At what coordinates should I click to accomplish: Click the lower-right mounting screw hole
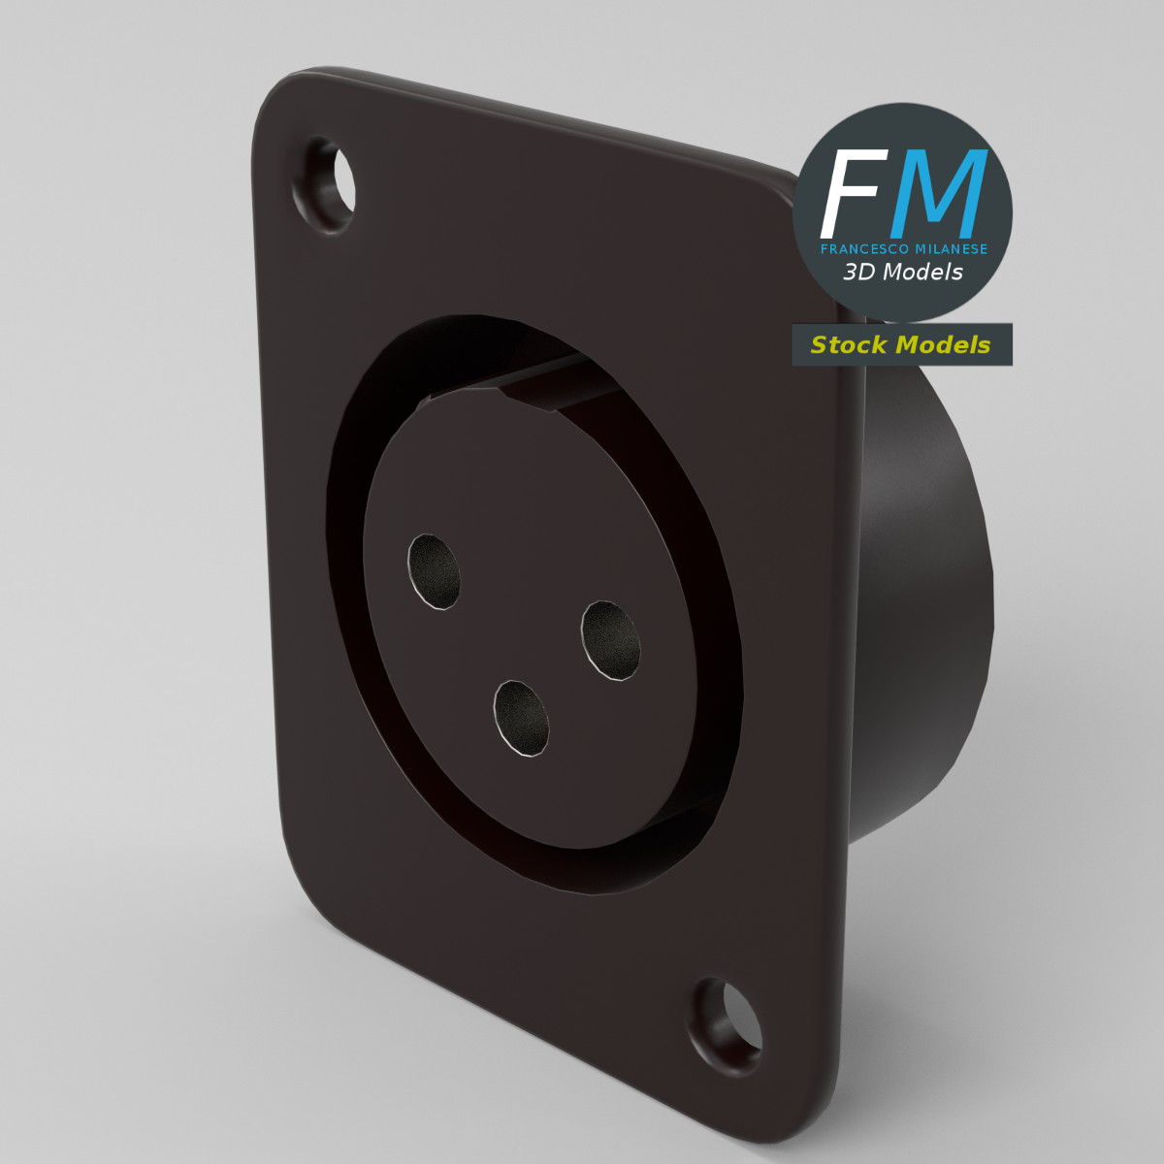point(727,1025)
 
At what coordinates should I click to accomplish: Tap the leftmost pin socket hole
point(434,571)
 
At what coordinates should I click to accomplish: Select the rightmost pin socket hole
point(611,639)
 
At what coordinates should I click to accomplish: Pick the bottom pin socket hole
point(522,718)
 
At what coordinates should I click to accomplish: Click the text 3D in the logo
point(859,273)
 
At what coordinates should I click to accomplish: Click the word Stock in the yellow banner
point(849,345)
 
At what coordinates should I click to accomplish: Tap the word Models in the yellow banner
point(943,345)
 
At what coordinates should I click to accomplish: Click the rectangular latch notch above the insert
point(553,383)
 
